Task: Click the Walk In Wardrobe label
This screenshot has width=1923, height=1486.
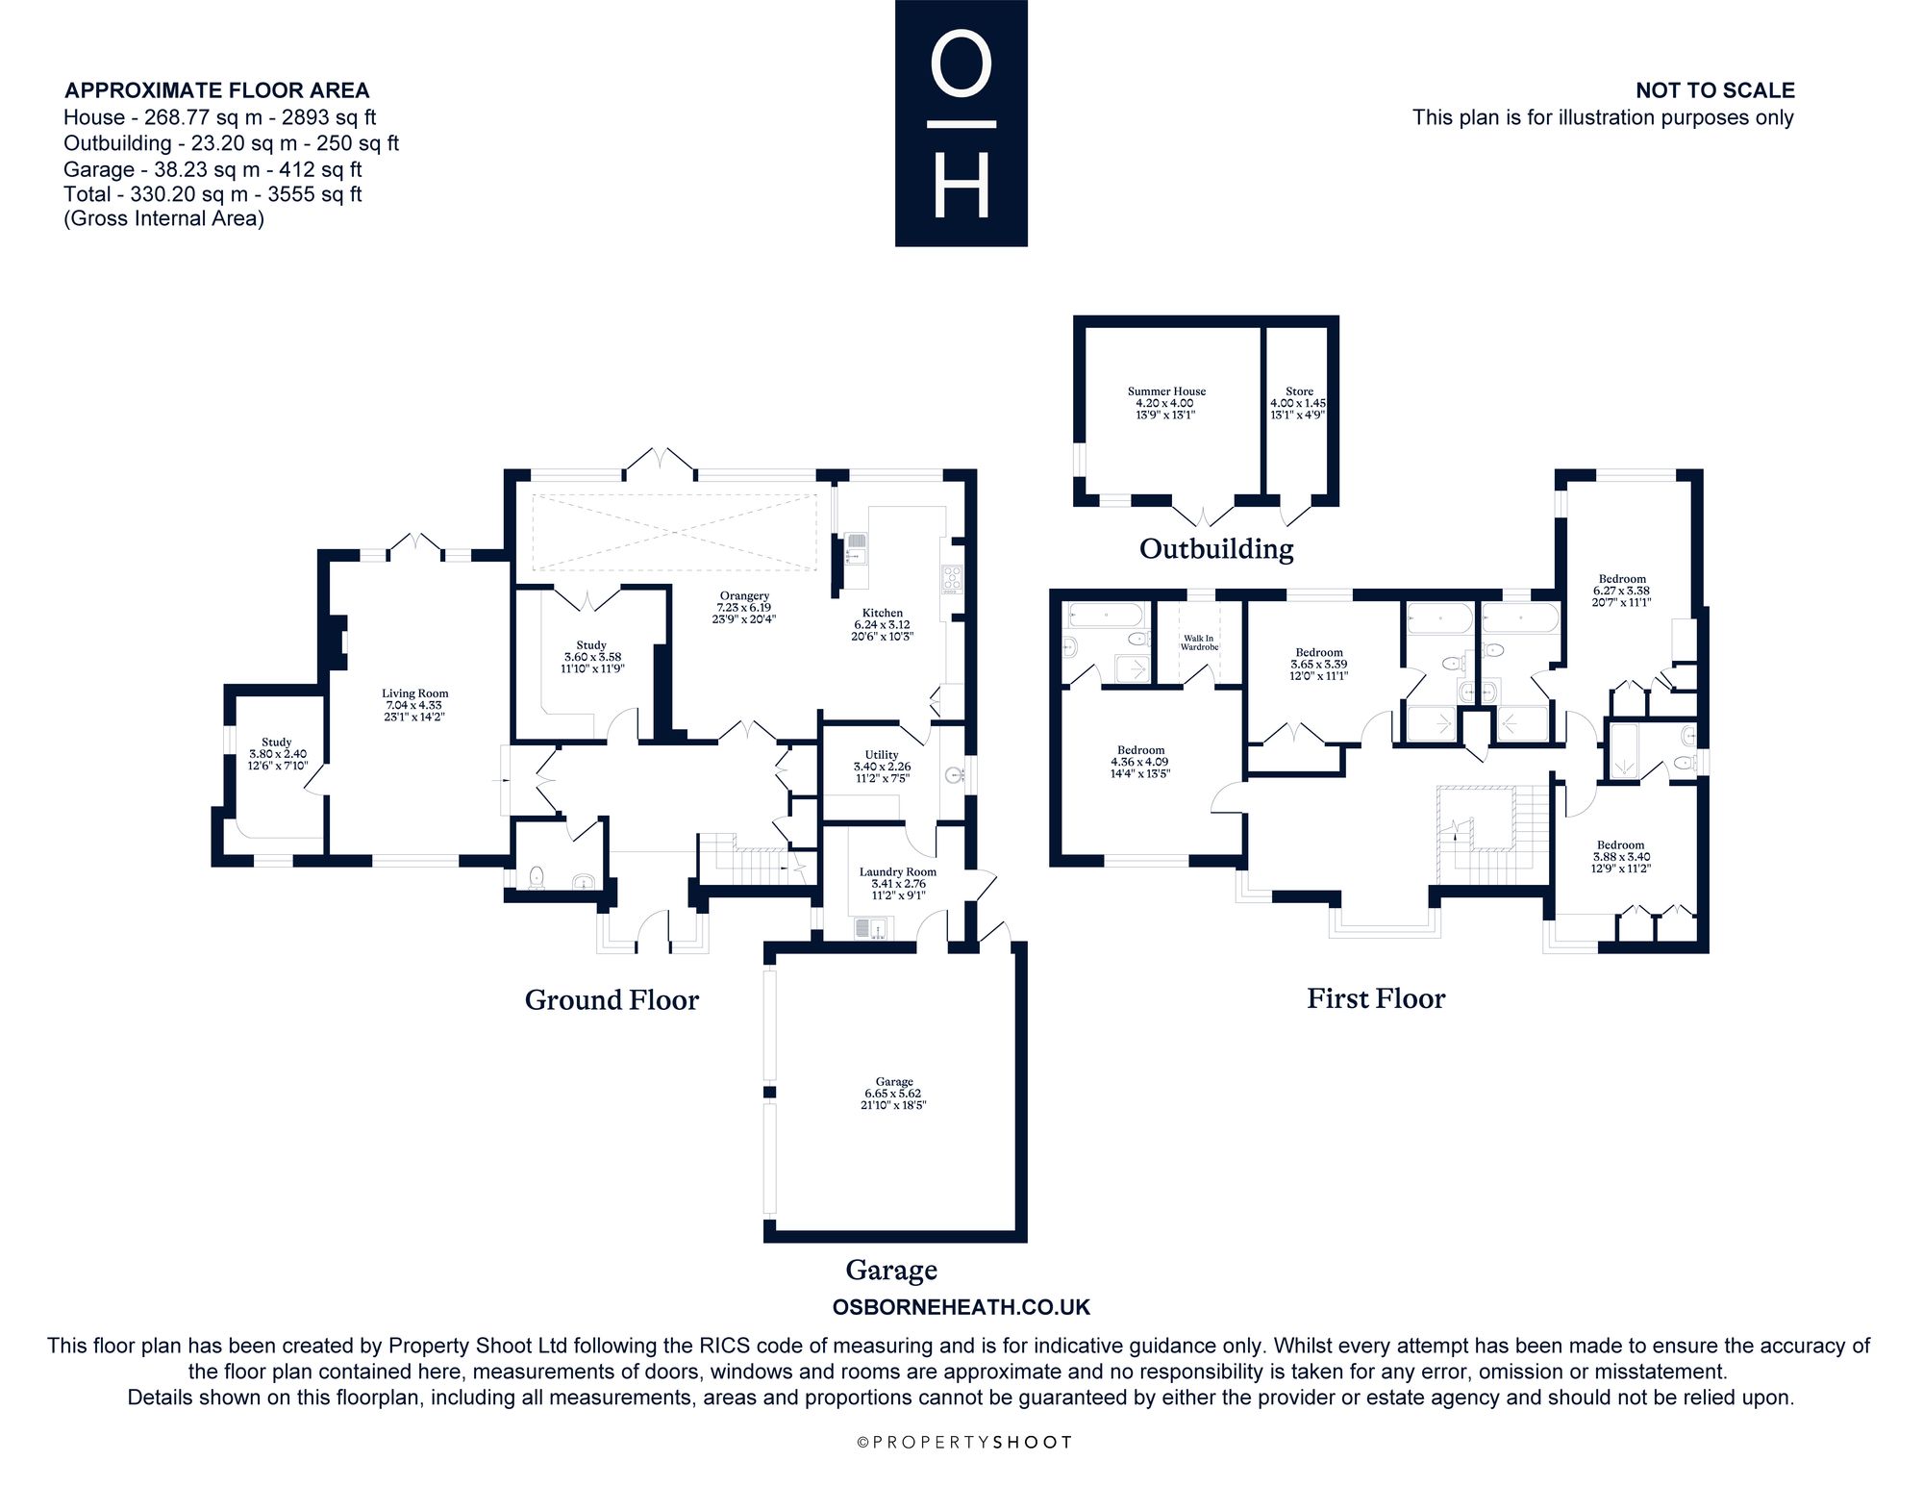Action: (1200, 642)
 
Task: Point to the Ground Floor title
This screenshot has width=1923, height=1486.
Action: (612, 1000)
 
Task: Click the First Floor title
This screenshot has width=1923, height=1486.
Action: (1376, 998)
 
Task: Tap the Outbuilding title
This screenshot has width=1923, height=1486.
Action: (1216, 548)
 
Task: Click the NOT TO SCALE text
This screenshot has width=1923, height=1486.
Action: (1715, 90)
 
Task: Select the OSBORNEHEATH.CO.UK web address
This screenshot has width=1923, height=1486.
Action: (961, 1307)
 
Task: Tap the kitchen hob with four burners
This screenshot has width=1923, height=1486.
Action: (952, 579)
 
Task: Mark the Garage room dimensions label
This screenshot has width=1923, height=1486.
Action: (894, 1099)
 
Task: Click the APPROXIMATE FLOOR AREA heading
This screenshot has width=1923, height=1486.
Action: (216, 90)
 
